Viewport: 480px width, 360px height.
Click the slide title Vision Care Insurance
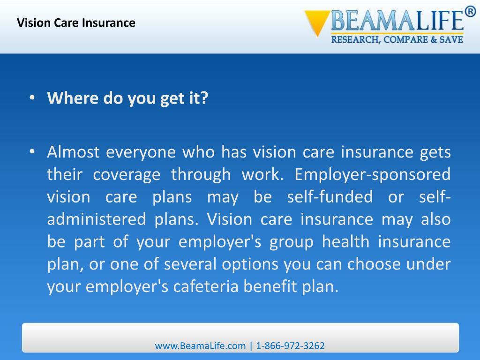pyautogui.click(x=76, y=22)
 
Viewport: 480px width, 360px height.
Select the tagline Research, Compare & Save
pyautogui.click(x=397, y=40)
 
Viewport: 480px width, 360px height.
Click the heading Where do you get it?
pyautogui.click(x=127, y=99)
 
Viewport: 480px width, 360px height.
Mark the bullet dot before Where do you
pyautogui.click(x=31, y=99)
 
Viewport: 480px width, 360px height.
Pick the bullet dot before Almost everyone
pyautogui.click(x=31, y=152)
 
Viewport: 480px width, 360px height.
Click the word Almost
pyautogui.click(x=73, y=152)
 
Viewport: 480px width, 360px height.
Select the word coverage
pyautogui.click(x=126, y=175)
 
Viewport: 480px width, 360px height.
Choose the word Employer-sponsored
pyautogui.click(x=373, y=175)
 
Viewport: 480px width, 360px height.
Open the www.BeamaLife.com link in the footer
pyautogui.click(x=200, y=346)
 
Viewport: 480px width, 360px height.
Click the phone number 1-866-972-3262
pyautogui.click(x=291, y=346)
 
